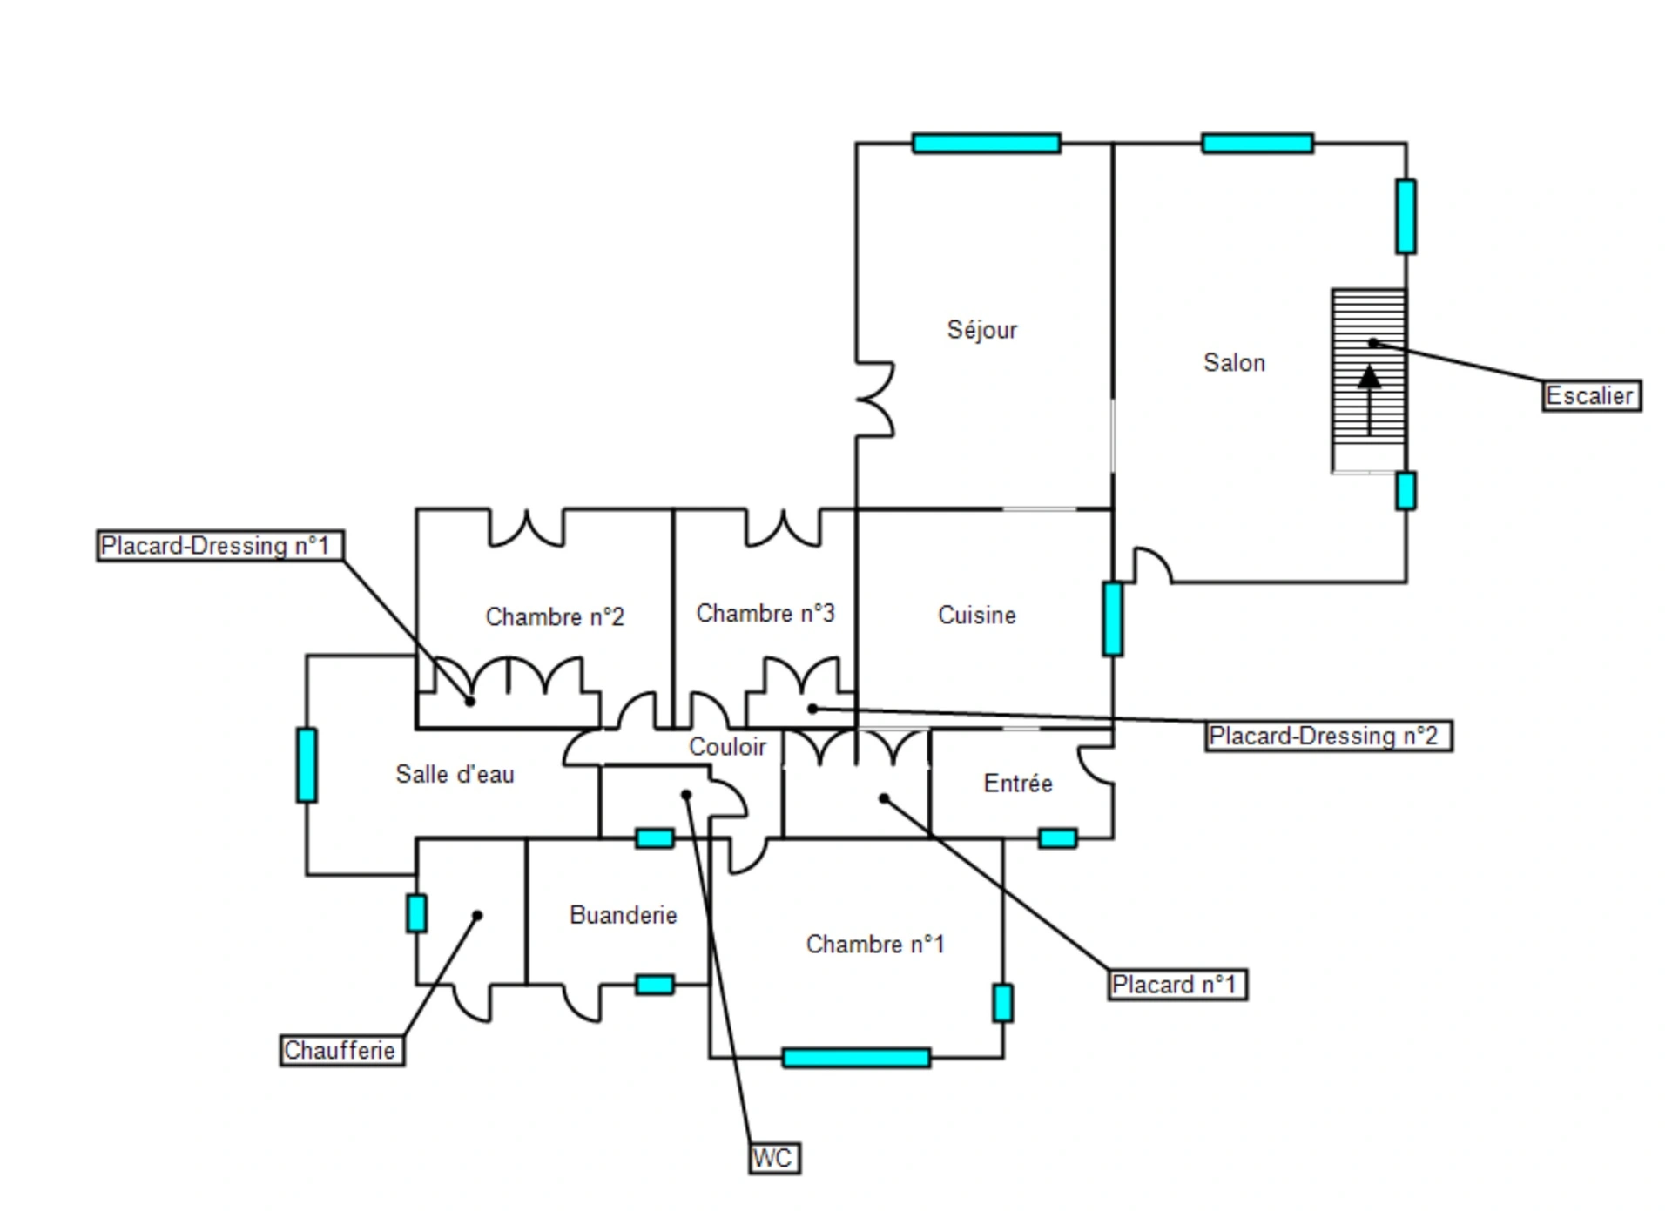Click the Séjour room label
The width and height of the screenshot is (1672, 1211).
(981, 330)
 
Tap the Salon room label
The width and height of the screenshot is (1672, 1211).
(1234, 362)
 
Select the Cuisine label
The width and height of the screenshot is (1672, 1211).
(976, 615)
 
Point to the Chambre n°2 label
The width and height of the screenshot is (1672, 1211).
(555, 616)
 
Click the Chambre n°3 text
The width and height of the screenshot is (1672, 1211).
(765, 613)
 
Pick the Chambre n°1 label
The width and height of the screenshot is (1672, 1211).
(874, 944)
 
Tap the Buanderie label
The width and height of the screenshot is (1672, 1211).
(623, 915)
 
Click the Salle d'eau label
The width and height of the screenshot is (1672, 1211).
(455, 774)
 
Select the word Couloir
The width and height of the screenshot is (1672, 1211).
(727, 746)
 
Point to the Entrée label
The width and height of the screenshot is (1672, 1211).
(1018, 784)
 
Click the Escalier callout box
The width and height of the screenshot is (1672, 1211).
(1590, 396)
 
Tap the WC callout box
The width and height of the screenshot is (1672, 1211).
(773, 1159)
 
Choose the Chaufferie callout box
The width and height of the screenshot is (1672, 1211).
(340, 1050)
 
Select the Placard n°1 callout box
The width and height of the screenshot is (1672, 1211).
(1176, 985)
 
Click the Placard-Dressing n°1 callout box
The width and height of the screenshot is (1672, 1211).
(218, 546)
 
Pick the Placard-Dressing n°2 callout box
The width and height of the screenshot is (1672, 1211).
(1327, 737)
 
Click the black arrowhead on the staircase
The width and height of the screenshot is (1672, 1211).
(1370, 377)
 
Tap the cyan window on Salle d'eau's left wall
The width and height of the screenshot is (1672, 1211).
(307, 764)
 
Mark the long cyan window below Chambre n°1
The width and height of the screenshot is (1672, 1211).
(856, 1058)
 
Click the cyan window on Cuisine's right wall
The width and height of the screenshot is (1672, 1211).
(1112, 619)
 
